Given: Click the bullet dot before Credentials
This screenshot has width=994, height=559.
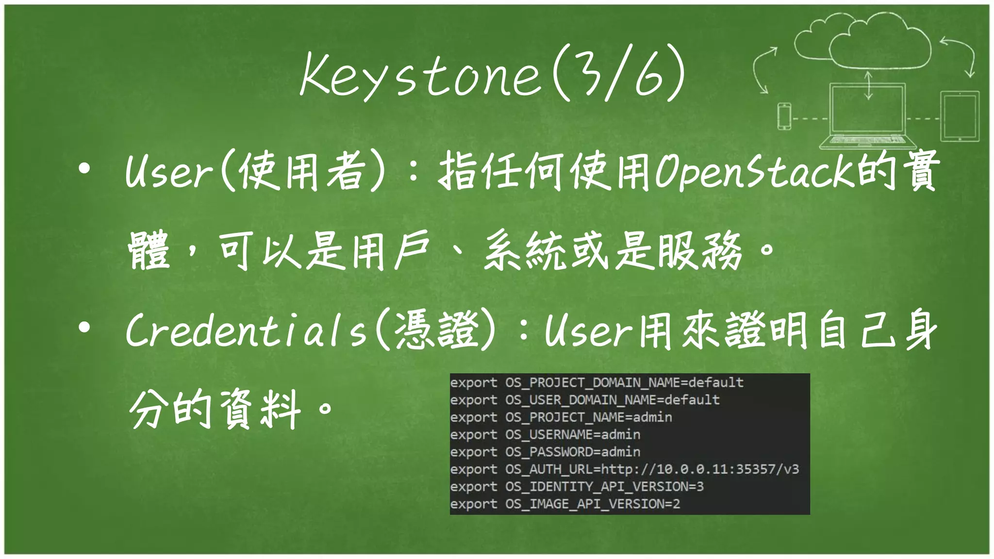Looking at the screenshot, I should pos(84,328).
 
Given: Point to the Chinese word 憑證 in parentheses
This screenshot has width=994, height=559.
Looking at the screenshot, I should pos(437,330).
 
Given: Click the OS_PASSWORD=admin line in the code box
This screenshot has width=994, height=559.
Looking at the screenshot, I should pos(573,452).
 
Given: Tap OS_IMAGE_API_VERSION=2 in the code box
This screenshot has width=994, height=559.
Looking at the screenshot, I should pos(592,504).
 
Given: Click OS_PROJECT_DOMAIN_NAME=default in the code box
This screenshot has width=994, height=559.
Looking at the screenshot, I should pos(624,382).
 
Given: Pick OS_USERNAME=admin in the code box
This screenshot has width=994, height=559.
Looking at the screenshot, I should pos(573,434).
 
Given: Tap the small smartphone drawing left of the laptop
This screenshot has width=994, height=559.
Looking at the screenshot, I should pos(784,116).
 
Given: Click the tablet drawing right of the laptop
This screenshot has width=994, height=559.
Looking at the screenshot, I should pos(960,116).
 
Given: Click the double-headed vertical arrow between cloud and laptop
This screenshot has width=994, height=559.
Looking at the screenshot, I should pos(868,85).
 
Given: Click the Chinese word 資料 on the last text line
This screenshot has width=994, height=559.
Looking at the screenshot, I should pos(260,409).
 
